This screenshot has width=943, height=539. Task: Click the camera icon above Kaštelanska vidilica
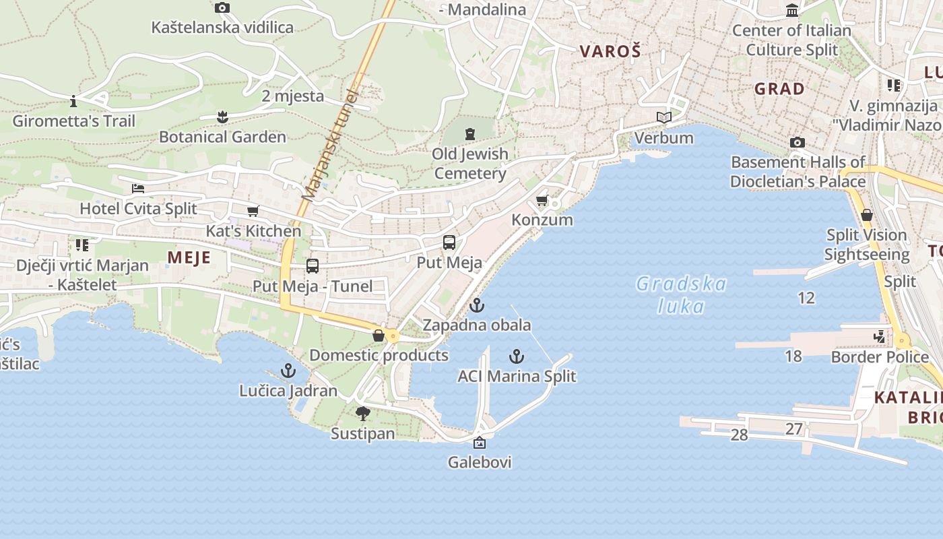pyautogui.click(x=222, y=8)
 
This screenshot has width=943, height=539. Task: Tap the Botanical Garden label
pyautogui.click(x=222, y=137)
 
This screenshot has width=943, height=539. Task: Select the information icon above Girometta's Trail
pyautogui.click(x=73, y=102)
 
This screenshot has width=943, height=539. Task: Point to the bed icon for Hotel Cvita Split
pyautogui.click(x=138, y=189)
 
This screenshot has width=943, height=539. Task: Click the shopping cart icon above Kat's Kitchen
pyautogui.click(x=253, y=212)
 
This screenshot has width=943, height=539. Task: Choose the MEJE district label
pyautogui.click(x=189, y=257)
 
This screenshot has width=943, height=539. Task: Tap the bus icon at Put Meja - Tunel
pyautogui.click(x=312, y=266)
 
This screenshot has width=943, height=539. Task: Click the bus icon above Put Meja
pyautogui.click(x=449, y=243)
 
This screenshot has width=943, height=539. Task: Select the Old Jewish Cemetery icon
pyautogui.click(x=470, y=133)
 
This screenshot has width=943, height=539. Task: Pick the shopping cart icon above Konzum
pyautogui.click(x=542, y=201)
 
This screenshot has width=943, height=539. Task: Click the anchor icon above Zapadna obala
pyautogui.click(x=477, y=305)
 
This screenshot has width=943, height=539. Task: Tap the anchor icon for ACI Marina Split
pyautogui.click(x=517, y=356)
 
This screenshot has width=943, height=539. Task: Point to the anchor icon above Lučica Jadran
pyautogui.click(x=288, y=371)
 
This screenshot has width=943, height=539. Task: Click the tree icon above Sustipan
pyautogui.click(x=363, y=413)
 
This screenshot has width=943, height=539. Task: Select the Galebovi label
pyautogui.click(x=480, y=462)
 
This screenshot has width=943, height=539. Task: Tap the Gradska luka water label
pyautogui.click(x=681, y=295)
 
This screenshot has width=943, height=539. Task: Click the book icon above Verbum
pyautogui.click(x=664, y=118)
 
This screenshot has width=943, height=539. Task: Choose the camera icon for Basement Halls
pyautogui.click(x=798, y=143)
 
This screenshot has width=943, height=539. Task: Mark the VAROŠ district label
pyautogui.click(x=610, y=51)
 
